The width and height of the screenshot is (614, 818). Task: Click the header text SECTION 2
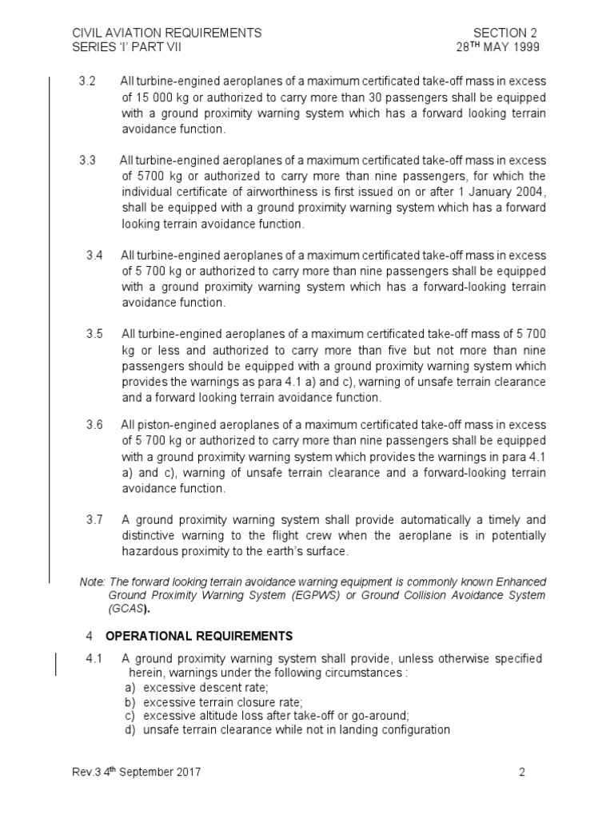click(x=504, y=33)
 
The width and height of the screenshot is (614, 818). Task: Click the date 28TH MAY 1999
click(x=497, y=47)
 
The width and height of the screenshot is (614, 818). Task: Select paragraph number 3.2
click(x=88, y=82)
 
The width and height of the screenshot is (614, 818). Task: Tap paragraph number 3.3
click(x=88, y=161)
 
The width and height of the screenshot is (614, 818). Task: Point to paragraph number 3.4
click(x=94, y=255)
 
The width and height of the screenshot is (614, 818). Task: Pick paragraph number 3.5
click(x=94, y=334)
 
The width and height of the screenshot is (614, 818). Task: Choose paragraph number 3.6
click(x=94, y=425)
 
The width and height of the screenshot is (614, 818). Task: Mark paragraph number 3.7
click(x=94, y=520)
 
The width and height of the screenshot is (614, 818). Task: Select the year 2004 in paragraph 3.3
click(x=532, y=192)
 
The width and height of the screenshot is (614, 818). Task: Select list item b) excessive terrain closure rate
click(x=212, y=702)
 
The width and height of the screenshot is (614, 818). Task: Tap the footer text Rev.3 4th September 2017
click(x=136, y=772)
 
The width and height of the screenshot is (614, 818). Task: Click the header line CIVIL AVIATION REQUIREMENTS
click(x=167, y=33)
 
